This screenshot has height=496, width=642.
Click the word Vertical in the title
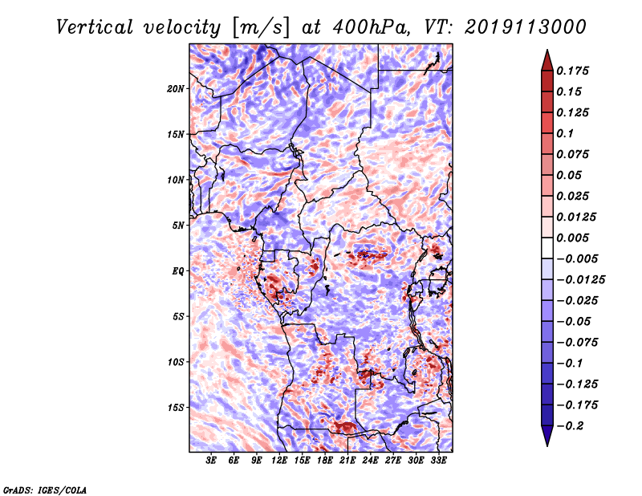[x=94, y=27]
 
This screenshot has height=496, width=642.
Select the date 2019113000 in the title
[x=526, y=27]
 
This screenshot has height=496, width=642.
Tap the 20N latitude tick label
[x=176, y=89]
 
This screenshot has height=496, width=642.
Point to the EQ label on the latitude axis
[x=178, y=271]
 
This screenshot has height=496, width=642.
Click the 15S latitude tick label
[x=176, y=408]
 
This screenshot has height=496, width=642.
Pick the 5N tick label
[x=178, y=226]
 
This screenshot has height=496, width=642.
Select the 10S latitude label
[x=176, y=362]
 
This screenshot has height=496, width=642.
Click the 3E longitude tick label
[x=211, y=461]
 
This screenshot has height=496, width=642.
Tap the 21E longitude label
[x=347, y=461]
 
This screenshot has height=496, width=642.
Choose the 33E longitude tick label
[x=438, y=461]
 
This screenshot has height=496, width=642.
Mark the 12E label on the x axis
[x=279, y=461]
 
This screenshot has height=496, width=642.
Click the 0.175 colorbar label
[x=572, y=71]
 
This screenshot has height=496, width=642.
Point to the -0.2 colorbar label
[x=570, y=426]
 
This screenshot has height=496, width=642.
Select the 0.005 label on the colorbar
[x=572, y=238]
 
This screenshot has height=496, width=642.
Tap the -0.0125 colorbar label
[x=580, y=280]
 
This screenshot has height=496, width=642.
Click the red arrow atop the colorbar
[x=547, y=62]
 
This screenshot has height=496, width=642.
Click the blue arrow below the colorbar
[x=547, y=435]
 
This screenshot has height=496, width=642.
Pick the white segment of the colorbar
[x=547, y=248]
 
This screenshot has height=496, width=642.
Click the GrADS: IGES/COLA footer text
[x=45, y=490]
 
